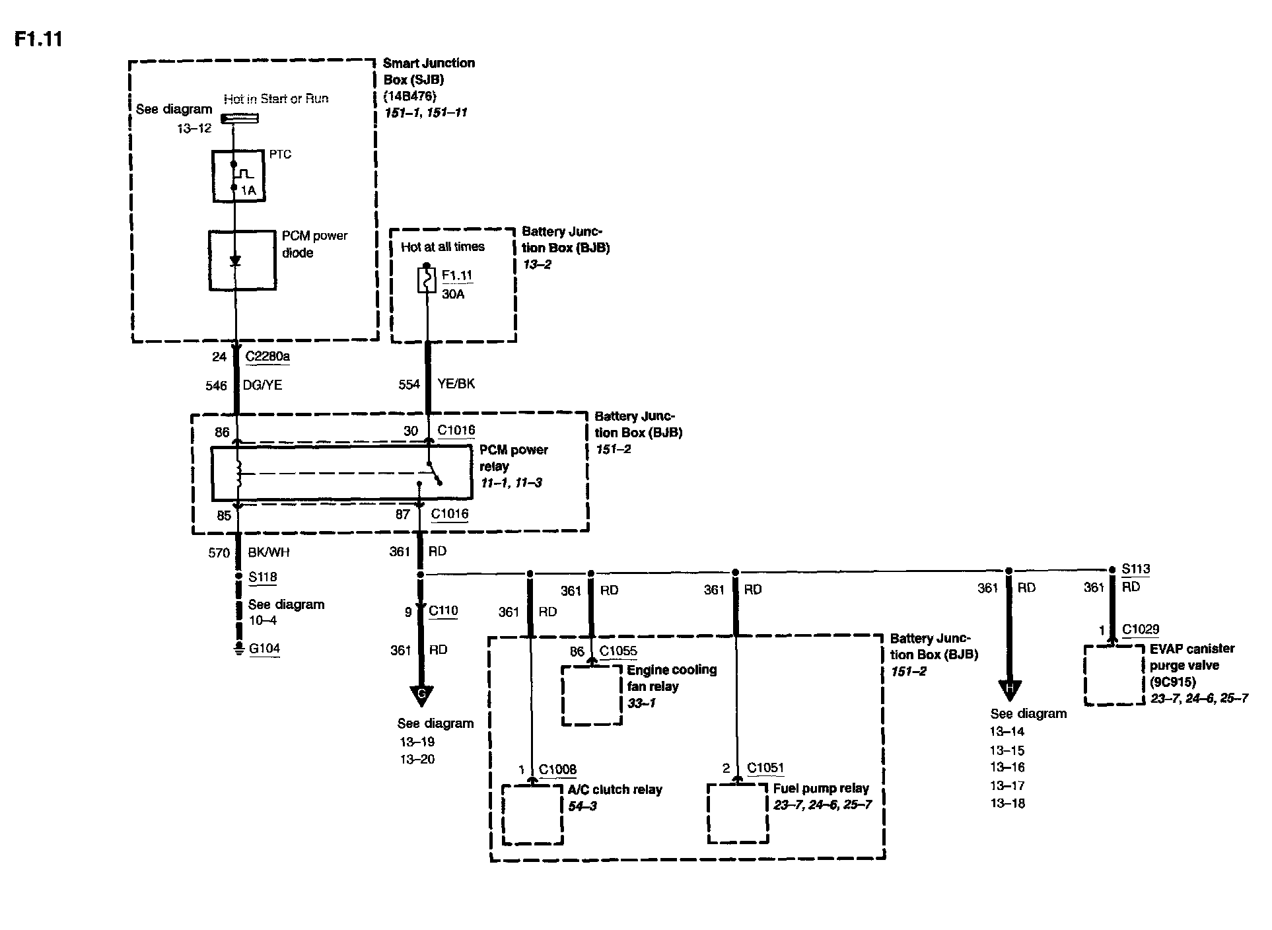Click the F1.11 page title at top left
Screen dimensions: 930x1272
[x=38, y=39]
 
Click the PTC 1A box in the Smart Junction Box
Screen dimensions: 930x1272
[x=238, y=176]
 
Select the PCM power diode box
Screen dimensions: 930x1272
[x=242, y=260]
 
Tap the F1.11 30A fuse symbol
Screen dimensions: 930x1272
[x=427, y=280]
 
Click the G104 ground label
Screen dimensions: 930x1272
[x=264, y=649]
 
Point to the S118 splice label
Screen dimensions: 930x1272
[x=262, y=577]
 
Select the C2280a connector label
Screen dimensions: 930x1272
[x=267, y=357]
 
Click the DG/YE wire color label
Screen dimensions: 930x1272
[x=264, y=385]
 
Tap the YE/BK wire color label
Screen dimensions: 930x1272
[x=456, y=384]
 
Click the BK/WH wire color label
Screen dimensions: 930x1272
[x=268, y=552]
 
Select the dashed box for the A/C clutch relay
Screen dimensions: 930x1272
[x=532, y=814]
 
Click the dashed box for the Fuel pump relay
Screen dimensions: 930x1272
[x=738, y=813]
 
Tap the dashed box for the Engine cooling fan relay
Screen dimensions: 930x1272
[x=592, y=695]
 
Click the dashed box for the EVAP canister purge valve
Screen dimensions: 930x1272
[x=1114, y=675]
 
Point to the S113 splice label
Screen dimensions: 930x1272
[x=1135, y=569]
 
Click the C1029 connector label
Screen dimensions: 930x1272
[x=1140, y=629]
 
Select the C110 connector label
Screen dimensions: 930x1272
[x=443, y=611]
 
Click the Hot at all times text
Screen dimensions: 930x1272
[x=442, y=247]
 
